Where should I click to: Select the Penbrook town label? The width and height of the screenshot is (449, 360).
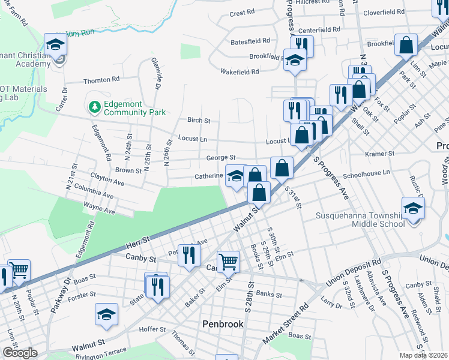click(x=222, y=324)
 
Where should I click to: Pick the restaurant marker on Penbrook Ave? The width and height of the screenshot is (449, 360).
click(x=190, y=256)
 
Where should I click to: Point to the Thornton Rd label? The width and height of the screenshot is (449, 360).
click(x=97, y=80)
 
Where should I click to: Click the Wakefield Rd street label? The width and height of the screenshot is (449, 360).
click(x=239, y=71)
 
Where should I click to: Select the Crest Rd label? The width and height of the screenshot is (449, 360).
click(x=242, y=13)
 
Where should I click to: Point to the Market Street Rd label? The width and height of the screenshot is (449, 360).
click(x=286, y=326)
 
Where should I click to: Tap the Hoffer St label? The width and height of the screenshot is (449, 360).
click(x=152, y=329)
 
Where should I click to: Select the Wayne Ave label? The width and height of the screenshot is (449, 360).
click(x=99, y=211)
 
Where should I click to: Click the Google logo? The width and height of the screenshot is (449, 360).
click(x=19, y=353)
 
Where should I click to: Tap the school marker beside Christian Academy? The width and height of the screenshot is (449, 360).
click(x=56, y=46)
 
